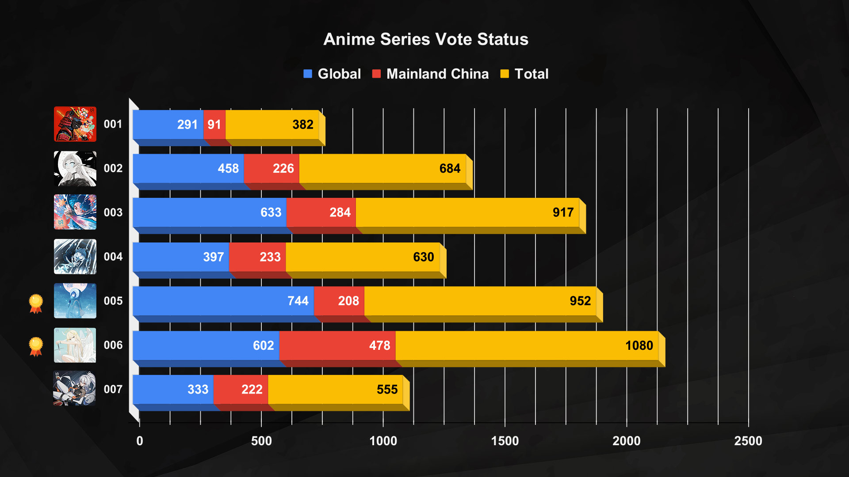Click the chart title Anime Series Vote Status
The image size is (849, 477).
point(426,39)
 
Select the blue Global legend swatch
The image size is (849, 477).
point(308,74)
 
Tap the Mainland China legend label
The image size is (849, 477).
point(437,74)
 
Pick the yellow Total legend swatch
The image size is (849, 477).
point(505,74)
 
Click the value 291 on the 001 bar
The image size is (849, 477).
point(187,125)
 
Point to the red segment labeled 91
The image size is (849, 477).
point(214,125)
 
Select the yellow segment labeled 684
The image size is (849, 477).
point(382,168)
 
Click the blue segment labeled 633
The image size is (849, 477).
point(210,212)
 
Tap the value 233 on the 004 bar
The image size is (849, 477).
point(270,257)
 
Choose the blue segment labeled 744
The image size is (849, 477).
point(223,301)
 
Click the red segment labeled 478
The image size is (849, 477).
point(337,345)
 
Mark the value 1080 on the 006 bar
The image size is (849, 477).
point(639,345)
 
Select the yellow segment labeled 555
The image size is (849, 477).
point(335,389)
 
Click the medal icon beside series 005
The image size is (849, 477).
point(36,303)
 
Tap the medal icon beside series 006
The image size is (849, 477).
point(36,346)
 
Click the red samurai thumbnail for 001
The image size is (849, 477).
point(75,124)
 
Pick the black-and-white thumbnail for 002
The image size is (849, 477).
point(75,168)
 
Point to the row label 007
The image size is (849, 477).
point(113,389)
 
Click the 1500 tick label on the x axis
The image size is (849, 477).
point(505,441)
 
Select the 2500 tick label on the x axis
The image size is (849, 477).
point(748,441)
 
